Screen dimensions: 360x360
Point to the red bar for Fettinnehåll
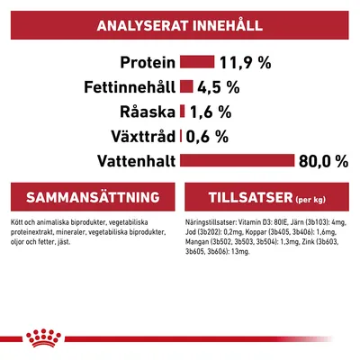[187, 87]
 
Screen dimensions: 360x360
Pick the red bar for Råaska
[183, 112]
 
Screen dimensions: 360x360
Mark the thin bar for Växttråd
[182, 137]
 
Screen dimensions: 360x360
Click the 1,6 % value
[212, 112]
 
